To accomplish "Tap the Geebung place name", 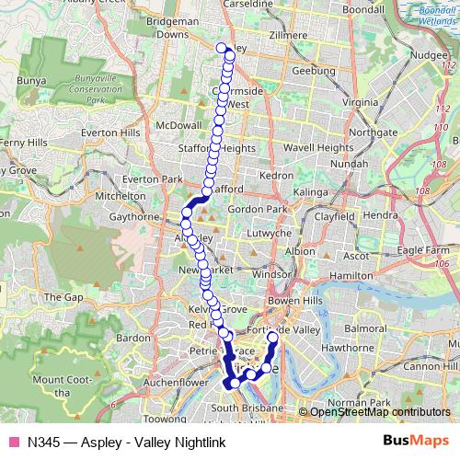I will (x=308, y=71).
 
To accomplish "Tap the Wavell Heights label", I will (x=318, y=147).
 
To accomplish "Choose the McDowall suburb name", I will (x=178, y=125).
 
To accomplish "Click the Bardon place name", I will (x=133, y=338).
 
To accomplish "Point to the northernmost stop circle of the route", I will (x=221, y=48).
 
